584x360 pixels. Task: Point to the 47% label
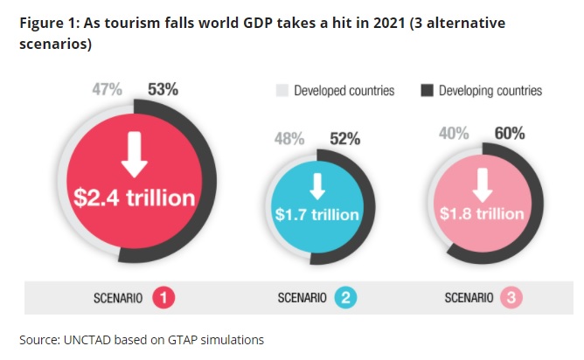tap(108, 88)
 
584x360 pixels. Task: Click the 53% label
tap(163, 88)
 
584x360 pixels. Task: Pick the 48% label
tap(289, 138)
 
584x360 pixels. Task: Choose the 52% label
tap(344, 138)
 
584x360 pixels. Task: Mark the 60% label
tap(509, 134)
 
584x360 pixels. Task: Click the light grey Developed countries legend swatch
tap(282, 91)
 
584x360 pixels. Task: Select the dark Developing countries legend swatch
tap(427, 91)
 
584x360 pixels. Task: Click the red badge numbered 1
tap(163, 298)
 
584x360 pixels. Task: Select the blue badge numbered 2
tap(346, 298)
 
